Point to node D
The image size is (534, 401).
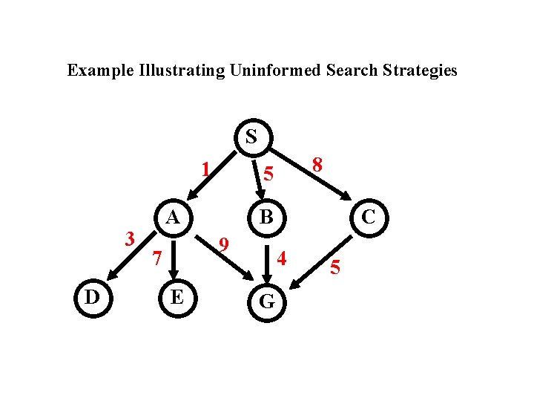92,298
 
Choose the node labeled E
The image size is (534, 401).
177,298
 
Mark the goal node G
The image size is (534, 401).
267,301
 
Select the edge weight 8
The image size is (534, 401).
317,165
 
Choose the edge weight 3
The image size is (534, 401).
130,238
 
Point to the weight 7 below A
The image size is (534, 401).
156,258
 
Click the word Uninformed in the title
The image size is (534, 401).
276,71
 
